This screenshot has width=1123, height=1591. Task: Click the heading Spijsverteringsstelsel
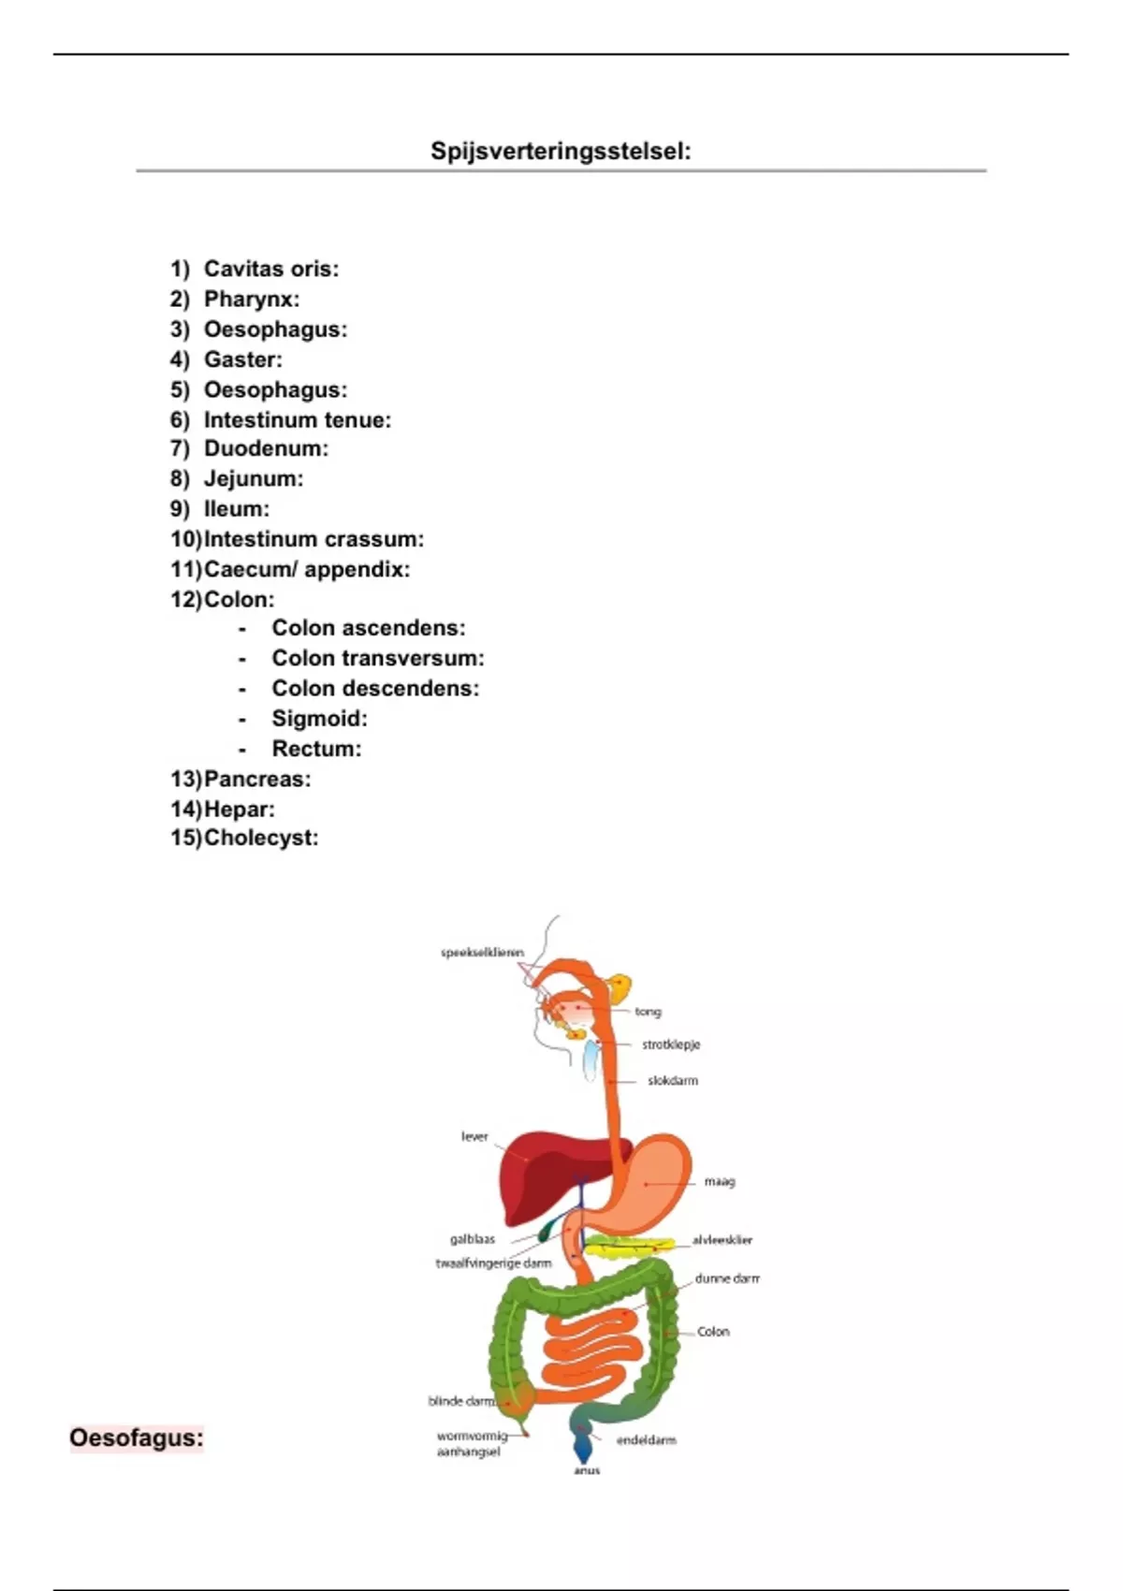click(x=561, y=151)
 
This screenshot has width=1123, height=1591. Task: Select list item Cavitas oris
click(x=270, y=269)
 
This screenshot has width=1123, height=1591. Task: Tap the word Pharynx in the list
click(x=251, y=299)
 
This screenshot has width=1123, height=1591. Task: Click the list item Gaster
click(x=242, y=359)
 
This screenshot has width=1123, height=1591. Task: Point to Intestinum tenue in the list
click(x=297, y=420)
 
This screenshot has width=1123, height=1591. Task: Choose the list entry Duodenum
click(x=266, y=448)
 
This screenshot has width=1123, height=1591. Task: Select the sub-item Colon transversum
click(x=377, y=658)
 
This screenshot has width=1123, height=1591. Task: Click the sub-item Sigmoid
click(x=319, y=719)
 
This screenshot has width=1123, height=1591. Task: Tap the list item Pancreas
click(x=256, y=779)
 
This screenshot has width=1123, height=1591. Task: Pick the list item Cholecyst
click(x=260, y=838)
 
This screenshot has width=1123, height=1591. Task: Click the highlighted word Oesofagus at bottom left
click(x=137, y=1438)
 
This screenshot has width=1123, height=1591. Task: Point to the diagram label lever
click(x=474, y=1136)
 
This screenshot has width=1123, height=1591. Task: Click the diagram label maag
click(x=720, y=1181)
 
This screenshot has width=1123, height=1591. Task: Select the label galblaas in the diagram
click(x=473, y=1239)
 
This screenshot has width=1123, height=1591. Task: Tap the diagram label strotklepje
click(x=671, y=1044)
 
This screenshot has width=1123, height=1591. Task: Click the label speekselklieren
click(x=482, y=953)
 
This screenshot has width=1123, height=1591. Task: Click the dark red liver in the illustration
click(x=533, y=1170)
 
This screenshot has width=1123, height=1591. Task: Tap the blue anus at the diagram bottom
click(x=584, y=1449)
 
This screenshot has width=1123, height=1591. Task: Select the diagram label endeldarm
click(x=646, y=1440)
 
